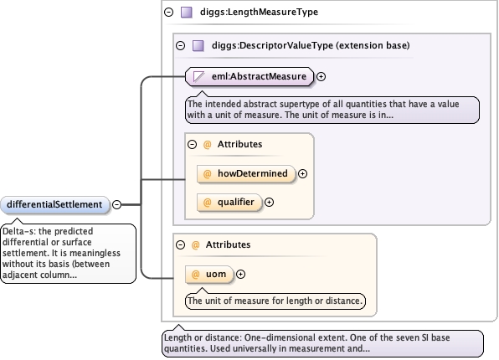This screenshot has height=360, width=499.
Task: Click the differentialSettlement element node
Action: pos(54,204)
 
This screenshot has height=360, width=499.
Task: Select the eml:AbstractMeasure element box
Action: pos(249,76)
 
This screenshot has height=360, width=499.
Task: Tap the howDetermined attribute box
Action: pos(246,174)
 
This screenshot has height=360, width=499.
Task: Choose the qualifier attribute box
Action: pos(229,202)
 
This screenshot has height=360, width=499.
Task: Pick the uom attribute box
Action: pos(209,274)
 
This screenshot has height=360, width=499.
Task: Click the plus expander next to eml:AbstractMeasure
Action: pos(322,77)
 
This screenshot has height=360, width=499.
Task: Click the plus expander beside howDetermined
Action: pos(302,174)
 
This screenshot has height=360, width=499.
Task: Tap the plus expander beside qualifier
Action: pos(270,202)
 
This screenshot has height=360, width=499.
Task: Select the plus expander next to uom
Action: pos(241,275)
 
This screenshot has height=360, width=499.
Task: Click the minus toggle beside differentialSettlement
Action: pos(116,204)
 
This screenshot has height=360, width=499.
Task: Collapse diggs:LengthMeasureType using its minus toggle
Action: pos(168,12)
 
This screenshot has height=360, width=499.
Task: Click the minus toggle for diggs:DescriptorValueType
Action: pos(181,45)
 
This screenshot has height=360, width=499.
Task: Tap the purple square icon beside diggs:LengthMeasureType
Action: pos(187,13)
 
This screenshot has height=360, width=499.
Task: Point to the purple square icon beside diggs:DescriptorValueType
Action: pos(198,46)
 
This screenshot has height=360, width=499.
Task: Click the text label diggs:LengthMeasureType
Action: pos(259,12)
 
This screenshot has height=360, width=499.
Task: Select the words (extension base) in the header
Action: pos(373,45)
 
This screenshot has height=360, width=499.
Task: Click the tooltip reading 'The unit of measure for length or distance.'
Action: pos(275,301)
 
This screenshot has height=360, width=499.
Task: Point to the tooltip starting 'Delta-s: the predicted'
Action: pos(69,254)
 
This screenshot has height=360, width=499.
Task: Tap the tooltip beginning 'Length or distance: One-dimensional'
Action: pos(322,343)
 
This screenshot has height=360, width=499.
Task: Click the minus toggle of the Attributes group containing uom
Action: pos(181,244)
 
